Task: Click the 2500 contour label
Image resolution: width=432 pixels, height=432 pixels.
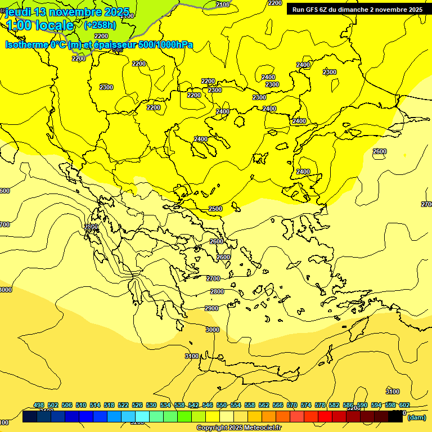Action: pos(215,209)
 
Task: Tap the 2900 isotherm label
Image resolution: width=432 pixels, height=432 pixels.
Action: pos(211,308)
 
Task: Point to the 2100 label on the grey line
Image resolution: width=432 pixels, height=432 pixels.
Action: pos(223,4)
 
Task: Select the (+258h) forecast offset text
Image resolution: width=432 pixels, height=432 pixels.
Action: pos(100,25)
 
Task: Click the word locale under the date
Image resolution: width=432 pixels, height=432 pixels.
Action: pos(53,26)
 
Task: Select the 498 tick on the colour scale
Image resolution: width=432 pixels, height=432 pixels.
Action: pos(39,405)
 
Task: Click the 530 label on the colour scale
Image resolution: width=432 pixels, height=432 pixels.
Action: pos(151,405)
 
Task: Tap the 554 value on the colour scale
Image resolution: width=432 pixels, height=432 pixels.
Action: pos(236,405)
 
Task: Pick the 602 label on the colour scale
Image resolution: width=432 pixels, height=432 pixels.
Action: pos(404,405)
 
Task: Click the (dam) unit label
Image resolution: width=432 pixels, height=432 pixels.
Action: pos(416,417)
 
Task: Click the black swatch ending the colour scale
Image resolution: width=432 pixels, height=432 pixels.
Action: pos(395,417)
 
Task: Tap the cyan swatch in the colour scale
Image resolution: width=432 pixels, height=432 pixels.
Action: pos(142,417)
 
